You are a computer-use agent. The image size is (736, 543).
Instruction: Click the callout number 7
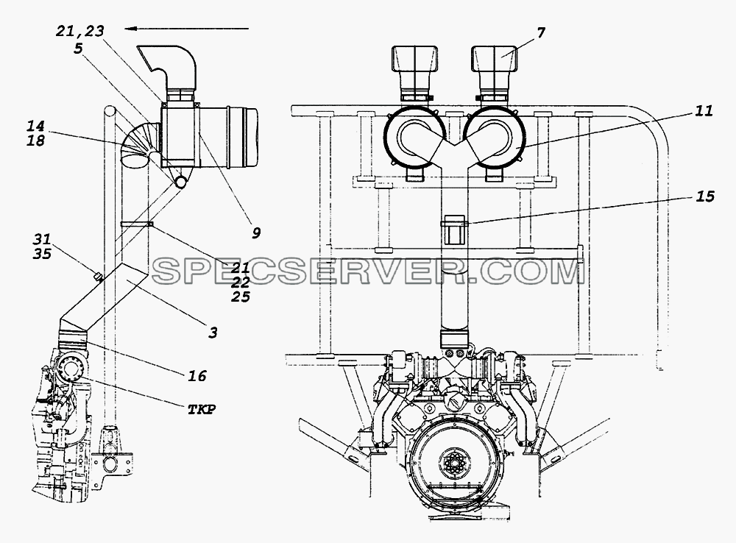point(541,33)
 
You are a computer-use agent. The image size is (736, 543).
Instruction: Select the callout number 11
point(704,111)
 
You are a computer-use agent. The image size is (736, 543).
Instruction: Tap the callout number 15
point(704,196)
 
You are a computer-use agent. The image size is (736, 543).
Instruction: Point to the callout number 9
point(256,233)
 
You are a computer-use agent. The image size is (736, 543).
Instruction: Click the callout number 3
point(213,333)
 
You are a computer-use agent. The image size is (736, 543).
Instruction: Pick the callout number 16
point(197,376)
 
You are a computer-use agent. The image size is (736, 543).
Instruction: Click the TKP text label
point(202,410)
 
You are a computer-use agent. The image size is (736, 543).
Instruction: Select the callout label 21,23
point(79,31)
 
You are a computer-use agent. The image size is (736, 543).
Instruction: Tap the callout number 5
point(78,49)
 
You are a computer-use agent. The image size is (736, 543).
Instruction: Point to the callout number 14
point(35,126)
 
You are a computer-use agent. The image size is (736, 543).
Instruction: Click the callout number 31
point(42,239)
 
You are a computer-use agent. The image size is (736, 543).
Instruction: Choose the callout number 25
point(241,297)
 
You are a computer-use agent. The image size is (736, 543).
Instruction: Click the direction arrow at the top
point(187,29)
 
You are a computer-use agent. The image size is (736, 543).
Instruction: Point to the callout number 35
point(42,254)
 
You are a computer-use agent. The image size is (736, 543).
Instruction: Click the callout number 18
point(35,140)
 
